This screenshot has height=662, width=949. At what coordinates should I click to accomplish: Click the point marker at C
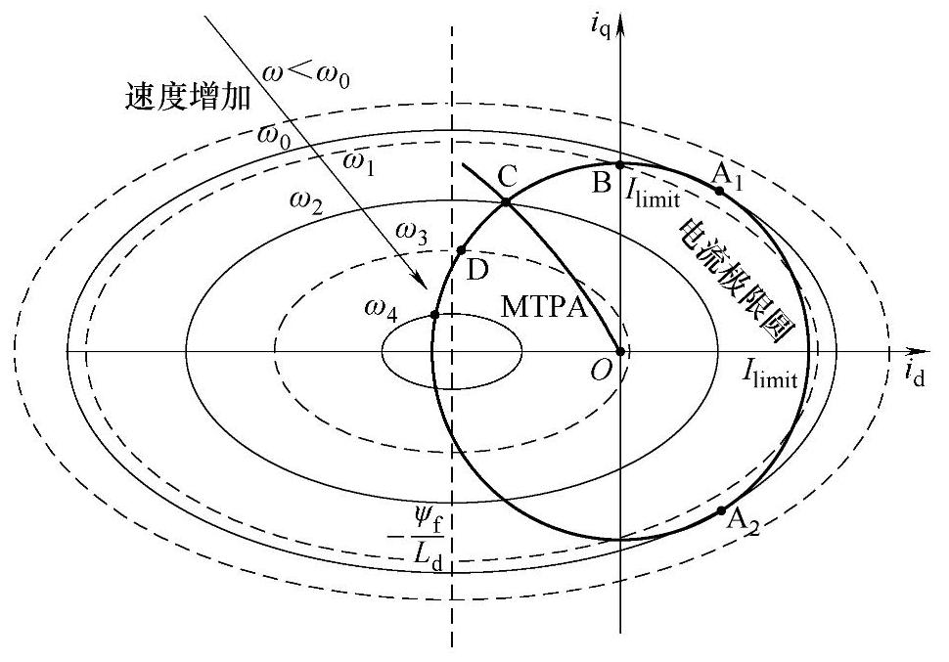coord(506,201)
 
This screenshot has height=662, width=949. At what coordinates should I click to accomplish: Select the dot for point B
coord(620,164)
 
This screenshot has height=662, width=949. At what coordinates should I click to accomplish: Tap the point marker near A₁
coord(720,191)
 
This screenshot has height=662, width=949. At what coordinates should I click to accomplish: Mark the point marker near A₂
coord(722,510)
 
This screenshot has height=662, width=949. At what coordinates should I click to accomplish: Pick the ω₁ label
coord(360,159)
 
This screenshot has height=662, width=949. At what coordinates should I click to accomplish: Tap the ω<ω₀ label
coord(308,73)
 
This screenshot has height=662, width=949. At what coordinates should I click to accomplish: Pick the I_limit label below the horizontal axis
coord(770,375)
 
